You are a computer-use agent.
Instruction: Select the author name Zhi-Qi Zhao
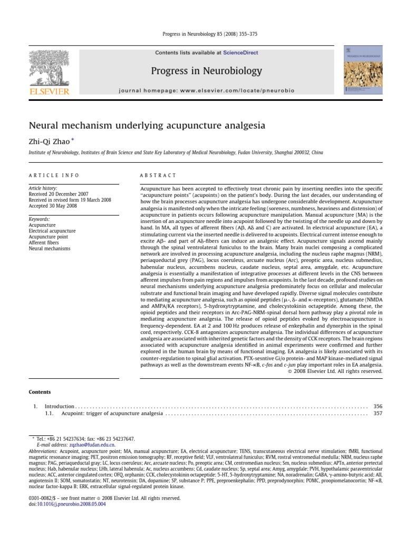point(50,141)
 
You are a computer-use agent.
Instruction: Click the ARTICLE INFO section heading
point(54,175)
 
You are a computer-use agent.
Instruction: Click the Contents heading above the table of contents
point(40,392)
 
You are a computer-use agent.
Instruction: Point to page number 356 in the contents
point(378,406)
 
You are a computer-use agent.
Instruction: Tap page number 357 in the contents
point(378,414)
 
